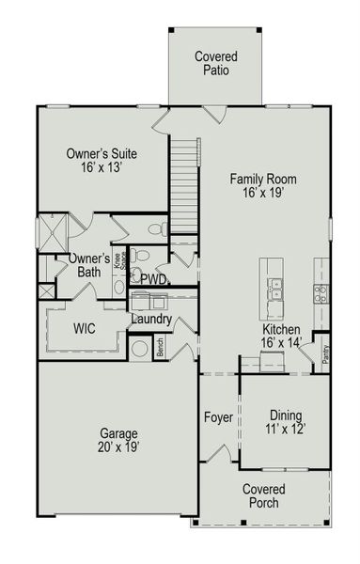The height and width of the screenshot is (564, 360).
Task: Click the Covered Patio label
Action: coord(216,63)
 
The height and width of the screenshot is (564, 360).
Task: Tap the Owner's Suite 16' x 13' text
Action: coord(102,160)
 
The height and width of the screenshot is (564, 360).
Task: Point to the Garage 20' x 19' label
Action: coord(118,440)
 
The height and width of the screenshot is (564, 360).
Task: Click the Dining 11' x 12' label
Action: coord(286,422)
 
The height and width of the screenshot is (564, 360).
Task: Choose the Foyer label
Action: coord(219,417)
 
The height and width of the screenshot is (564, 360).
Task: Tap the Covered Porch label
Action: coord(264,495)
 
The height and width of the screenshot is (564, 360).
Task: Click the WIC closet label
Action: coord(85,328)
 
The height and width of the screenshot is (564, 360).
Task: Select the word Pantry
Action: coord(325,354)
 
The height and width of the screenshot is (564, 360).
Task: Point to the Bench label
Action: coord(160,347)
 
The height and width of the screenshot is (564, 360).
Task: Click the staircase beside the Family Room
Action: coord(184,186)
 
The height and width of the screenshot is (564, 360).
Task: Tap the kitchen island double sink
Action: coord(275,289)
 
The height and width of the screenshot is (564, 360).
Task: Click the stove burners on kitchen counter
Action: coord(321,293)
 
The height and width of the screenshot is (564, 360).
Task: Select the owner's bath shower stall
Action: coord(53,233)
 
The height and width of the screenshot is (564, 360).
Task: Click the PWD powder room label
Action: coord(154,279)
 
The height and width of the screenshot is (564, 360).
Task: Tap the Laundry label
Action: coord(151,319)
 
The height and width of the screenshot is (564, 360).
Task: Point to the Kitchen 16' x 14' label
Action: coord(281,336)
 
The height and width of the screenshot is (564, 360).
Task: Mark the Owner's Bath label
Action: coord(89,265)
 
